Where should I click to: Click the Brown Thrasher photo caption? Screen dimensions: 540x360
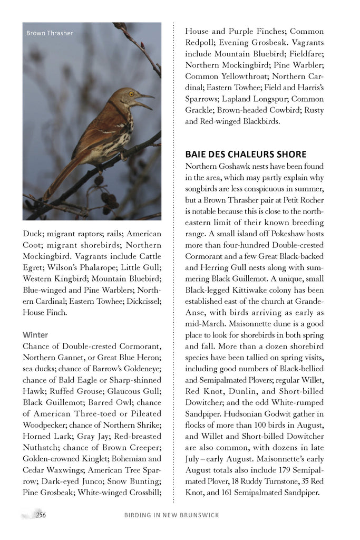click(50, 33)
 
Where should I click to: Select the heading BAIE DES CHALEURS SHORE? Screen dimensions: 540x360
click(246, 155)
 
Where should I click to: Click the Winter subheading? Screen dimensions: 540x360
click(35, 335)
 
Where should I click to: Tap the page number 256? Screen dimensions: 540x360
click(41, 515)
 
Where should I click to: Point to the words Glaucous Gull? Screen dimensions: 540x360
click(137, 391)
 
